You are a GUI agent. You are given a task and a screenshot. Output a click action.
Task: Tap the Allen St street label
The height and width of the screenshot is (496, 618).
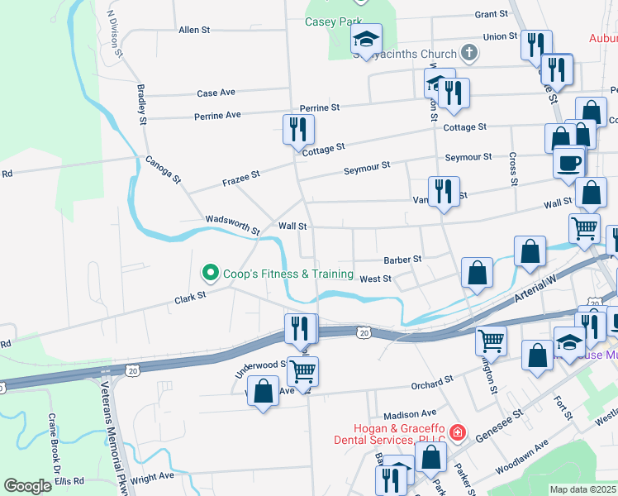194,30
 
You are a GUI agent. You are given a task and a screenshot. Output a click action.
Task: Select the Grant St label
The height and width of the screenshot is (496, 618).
491,14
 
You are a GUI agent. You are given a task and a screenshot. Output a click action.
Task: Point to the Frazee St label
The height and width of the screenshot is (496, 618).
240,177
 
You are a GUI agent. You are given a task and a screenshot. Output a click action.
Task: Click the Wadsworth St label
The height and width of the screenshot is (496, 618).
233,225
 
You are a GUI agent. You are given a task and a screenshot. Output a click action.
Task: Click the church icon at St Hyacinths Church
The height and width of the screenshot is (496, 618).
469,55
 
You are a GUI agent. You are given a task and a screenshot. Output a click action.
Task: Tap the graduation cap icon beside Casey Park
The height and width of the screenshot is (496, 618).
366,39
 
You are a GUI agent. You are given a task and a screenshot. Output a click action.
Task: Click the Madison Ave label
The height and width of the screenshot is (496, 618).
409,413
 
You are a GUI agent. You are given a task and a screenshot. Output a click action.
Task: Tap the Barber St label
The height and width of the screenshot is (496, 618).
403,259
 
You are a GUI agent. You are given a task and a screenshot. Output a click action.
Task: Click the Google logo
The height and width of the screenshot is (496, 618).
27,486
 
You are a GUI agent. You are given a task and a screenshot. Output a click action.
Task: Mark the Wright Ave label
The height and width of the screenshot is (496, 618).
152,476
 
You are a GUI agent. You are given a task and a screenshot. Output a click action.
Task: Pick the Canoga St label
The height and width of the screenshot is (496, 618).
163,168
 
